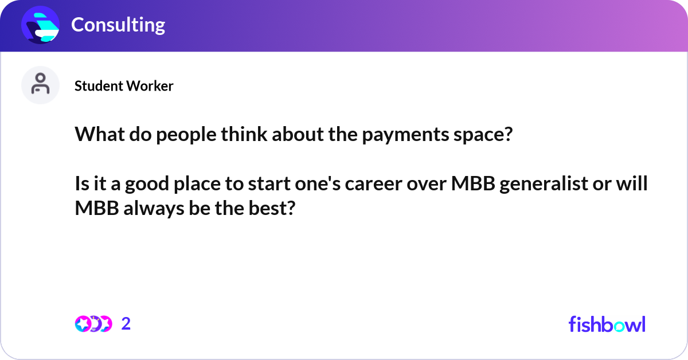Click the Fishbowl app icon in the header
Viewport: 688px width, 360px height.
pyautogui.click(x=41, y=25)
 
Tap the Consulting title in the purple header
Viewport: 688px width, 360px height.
pyautogui.click(x=118, y=25)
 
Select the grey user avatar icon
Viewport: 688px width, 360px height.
pyautogui.click(x=41, y=85)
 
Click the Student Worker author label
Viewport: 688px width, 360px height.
pyautogui.click(x=124, y=86)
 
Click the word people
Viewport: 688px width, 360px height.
pyautogui.click(x=178, y=135)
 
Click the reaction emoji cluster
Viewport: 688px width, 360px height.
pyautogui.click(x=93, y=324)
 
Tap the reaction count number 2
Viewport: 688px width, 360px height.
pyautogui.click(x=126, y=324)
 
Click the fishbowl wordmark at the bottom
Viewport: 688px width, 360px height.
pyautogui.click(x=607, y=324)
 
